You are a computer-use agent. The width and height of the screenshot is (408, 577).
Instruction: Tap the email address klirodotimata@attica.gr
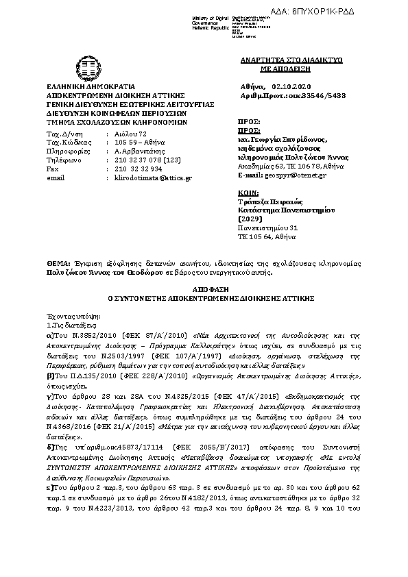pos(153,177)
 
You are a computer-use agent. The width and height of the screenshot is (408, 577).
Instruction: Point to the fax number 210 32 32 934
pos(138,169)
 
